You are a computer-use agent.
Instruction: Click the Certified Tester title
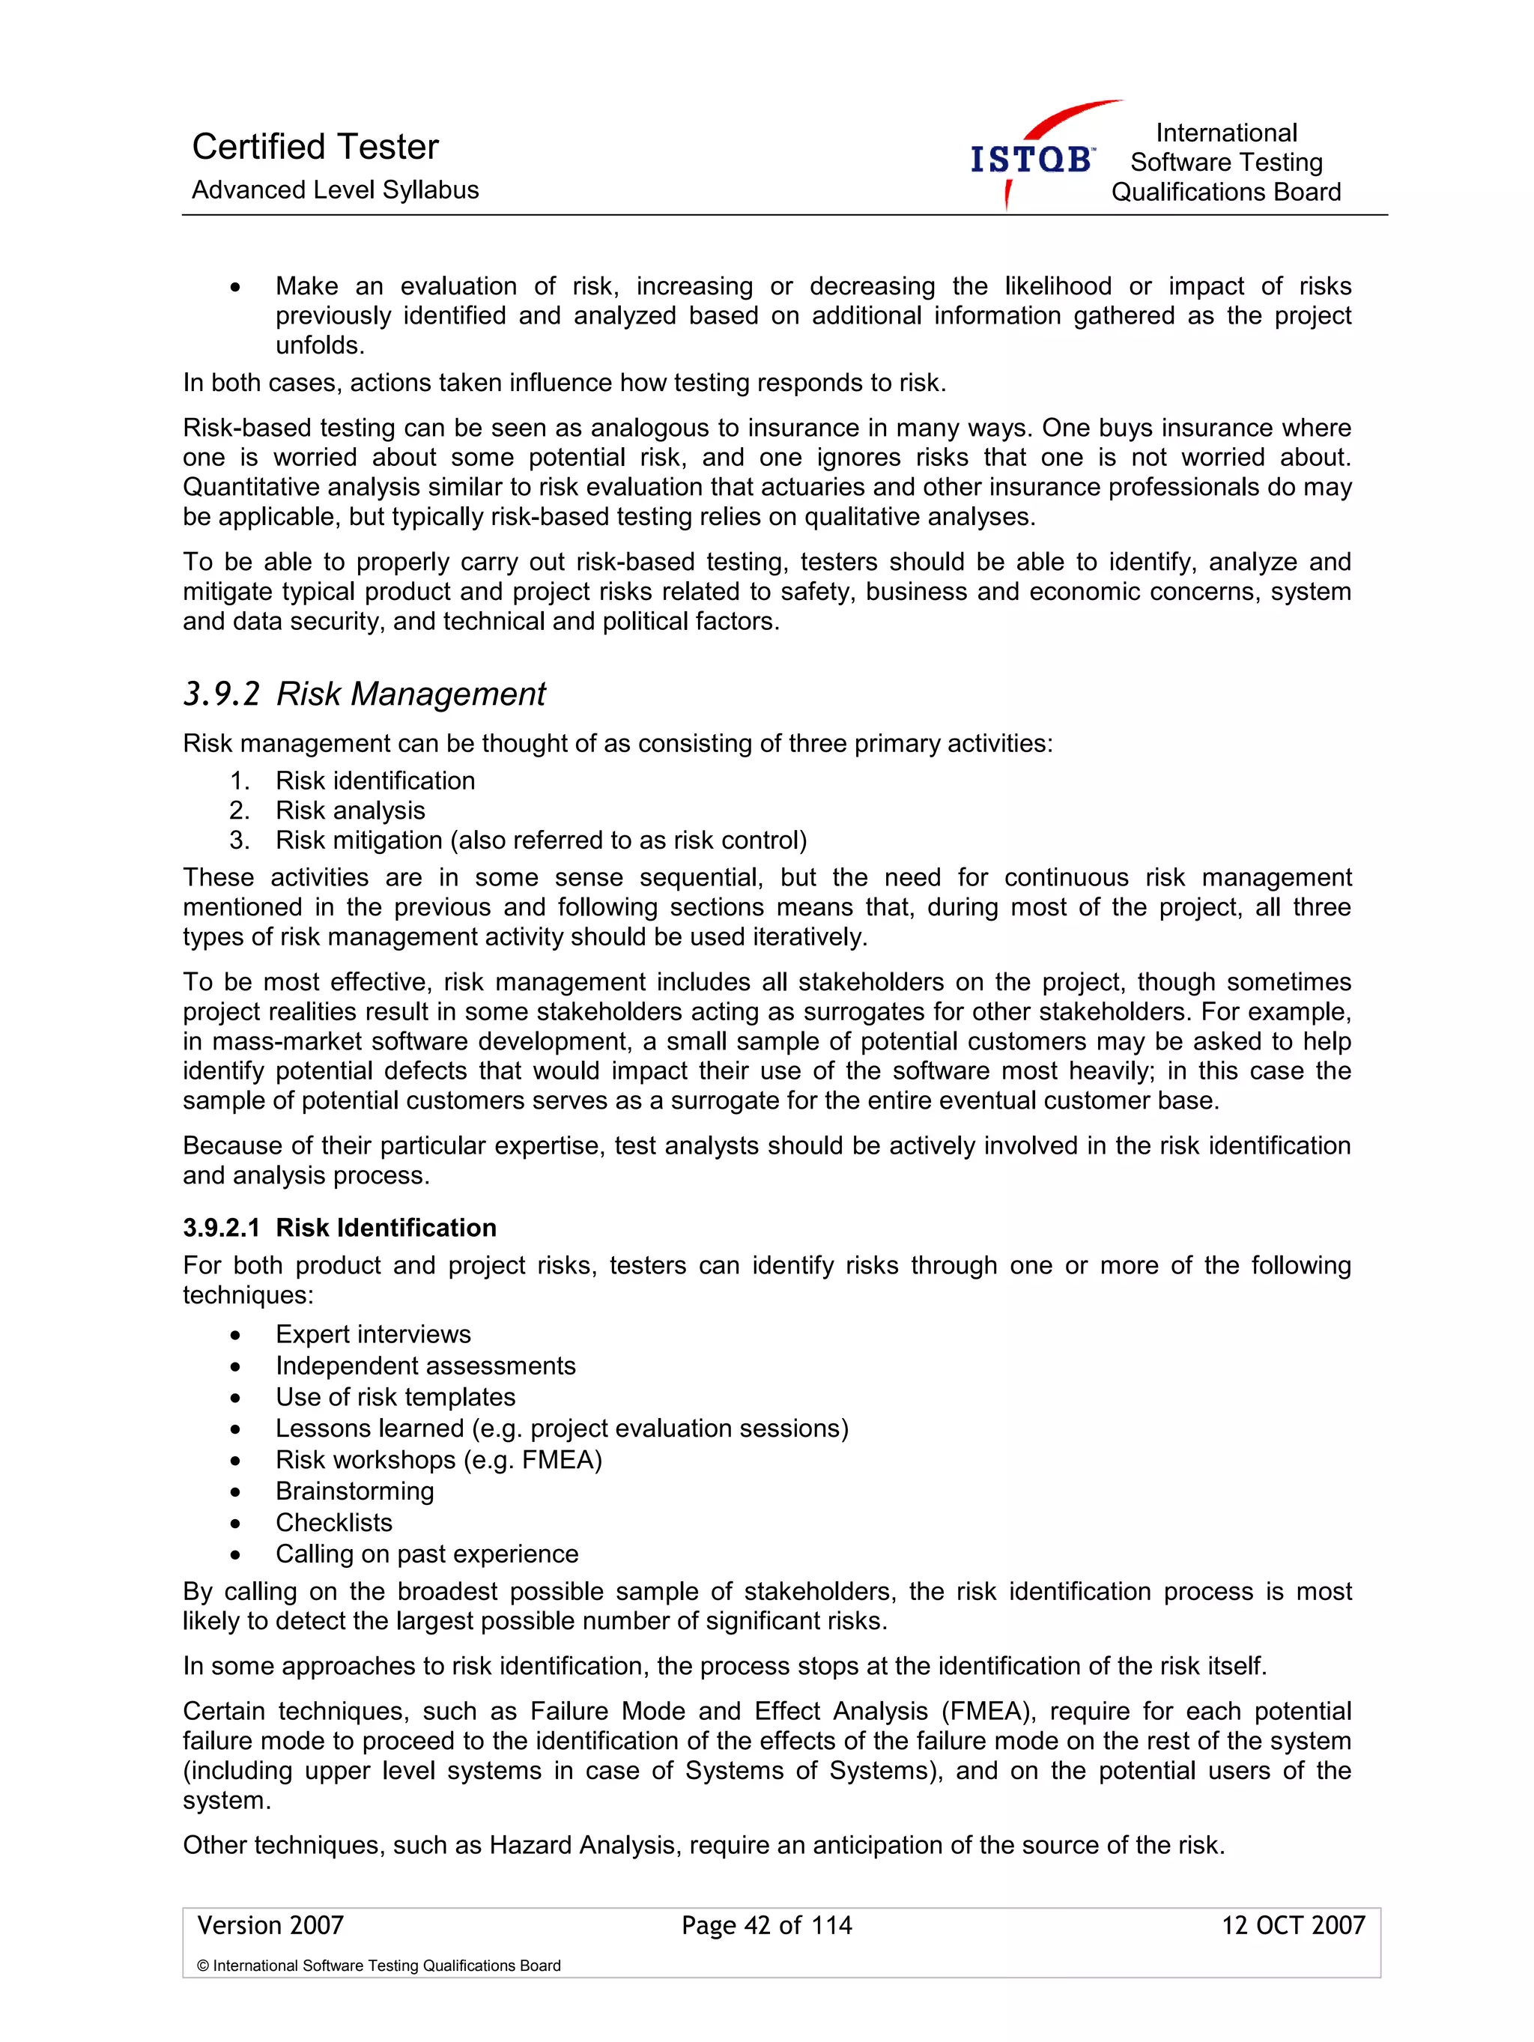pyautogui.click(x=315, y=147)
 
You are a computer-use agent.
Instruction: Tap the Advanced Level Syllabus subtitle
pyautogui.click(x=335, y=190)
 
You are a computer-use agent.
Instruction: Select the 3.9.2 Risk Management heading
pyautogui.click(x=365, y=694)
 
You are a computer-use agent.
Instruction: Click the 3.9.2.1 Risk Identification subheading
pyautogui.click(x=339, y=1228)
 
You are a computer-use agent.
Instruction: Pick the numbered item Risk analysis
pyautogui.click(x=350, y=811)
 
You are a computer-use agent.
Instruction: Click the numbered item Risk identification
pyautogui.click(x=375, y=781)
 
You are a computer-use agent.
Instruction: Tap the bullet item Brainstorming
pyautogui.click(x=354, y=1491)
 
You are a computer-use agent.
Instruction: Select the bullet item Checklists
pyautogui.click(x=333, y=1522)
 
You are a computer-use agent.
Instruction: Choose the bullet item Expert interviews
pyautogui.click(x=373, y=1334)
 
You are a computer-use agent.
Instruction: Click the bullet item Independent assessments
pyautogui.click(x=425, y=1366)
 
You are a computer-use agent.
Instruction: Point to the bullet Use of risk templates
pyautogui.click(x=395, y=1397)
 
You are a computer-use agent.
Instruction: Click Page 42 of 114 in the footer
pyautogui.click(x=766, y=1926)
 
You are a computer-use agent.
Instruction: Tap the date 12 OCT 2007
pyautogui.click(x=1292, y=1926)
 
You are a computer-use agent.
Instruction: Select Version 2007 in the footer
pyautogui.click(x=270, y=1926)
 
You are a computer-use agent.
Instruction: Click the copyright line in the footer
pyautogui.click(x=378, y=1966)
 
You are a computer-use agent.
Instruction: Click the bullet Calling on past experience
pyautogui.click(x=426, y=1554)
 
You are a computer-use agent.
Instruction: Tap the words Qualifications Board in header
pyautogui.click(x=1225, y=192)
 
